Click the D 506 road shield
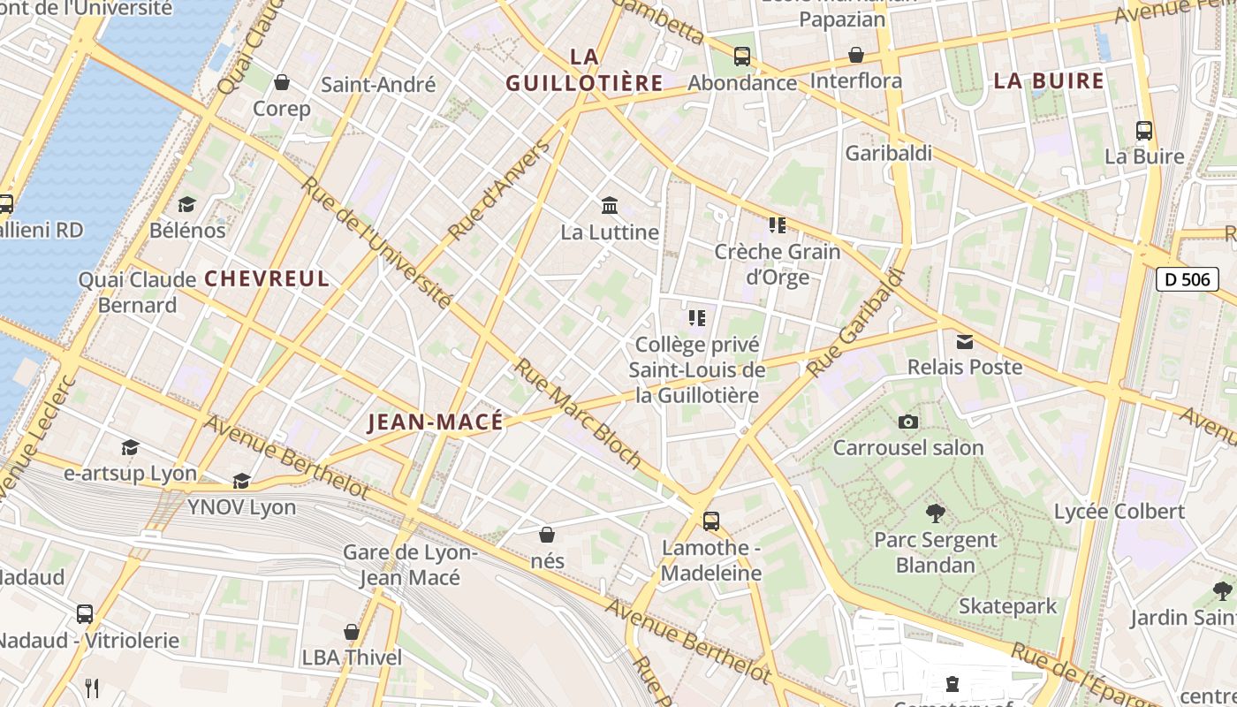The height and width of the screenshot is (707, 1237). point(1187,280)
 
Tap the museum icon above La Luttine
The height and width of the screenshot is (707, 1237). point(609,205)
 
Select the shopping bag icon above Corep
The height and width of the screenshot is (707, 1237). point(282,82)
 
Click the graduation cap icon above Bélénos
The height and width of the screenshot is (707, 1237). point(186,205)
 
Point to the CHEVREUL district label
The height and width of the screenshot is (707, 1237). point(267,278)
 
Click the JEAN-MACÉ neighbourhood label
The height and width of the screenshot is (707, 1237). point(435,422)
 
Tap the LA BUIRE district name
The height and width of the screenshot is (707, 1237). point(1049,81)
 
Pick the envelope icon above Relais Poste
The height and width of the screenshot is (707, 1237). point(964,341)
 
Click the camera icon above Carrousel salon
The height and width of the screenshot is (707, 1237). point(907,422)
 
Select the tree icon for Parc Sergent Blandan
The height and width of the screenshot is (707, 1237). point(935,513)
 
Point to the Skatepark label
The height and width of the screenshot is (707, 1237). point(1007,606)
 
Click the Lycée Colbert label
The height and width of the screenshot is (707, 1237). point(1119,512)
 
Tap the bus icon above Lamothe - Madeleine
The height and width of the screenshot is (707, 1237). point(710,521)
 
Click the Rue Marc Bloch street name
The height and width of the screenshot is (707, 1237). point(579,412)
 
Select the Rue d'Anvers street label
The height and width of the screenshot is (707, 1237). point(499,190)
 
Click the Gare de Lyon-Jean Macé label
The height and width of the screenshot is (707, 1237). point(410,566)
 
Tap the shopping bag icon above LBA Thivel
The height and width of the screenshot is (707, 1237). point(352,632)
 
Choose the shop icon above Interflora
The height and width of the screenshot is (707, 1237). point(855,56)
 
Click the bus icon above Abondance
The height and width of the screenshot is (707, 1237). point(742,57)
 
